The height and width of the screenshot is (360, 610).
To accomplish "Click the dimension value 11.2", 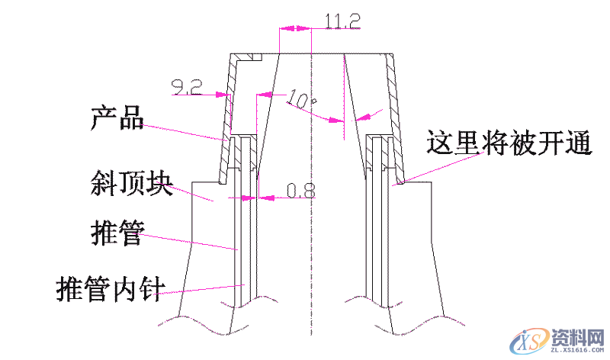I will pyautogui.click(x=342, y=21).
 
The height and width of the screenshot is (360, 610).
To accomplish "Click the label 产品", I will pyautogui.click(x=117, y=119).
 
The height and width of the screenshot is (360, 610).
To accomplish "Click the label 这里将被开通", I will pyautogui.click(x=509, y=143).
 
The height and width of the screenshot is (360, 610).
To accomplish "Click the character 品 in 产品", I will pyautogui.click(x=131, y=119).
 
